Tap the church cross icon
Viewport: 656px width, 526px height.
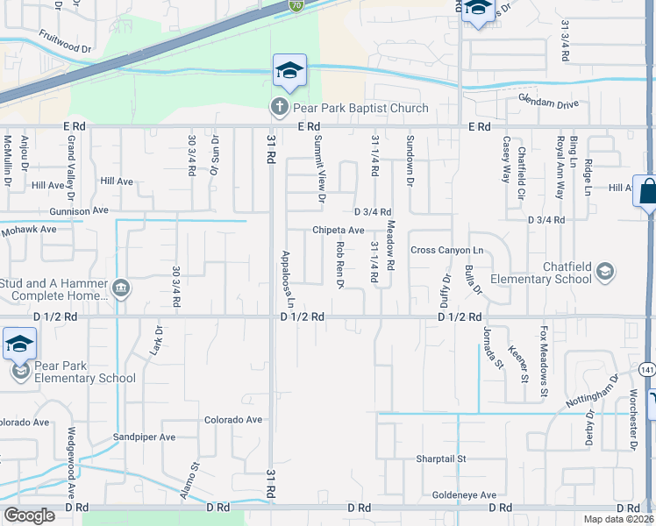pos(279,108)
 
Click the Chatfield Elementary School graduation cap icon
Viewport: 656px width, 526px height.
pos(604,273)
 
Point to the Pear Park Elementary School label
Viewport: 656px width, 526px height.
pos(86,372)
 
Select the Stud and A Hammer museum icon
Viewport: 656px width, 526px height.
pos(121,288)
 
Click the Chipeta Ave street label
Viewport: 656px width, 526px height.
pos(339,231)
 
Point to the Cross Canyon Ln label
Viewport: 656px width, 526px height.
pos(446,250)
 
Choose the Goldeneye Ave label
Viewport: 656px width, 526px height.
pos(464,495)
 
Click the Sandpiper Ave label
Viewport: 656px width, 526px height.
pos(144,437)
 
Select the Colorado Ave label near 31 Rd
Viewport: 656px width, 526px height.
pos(233,420)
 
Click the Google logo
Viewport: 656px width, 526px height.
pos(29,515)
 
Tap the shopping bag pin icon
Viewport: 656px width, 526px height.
pos(647,191)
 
